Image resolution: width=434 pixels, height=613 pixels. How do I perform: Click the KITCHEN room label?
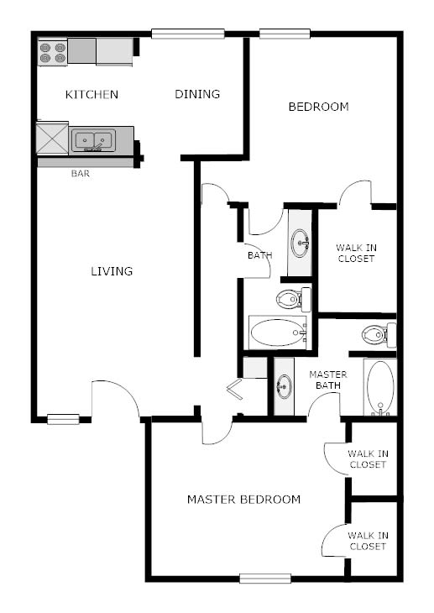(x=92, y=94)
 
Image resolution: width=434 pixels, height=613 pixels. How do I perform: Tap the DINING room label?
(x=197, y=94)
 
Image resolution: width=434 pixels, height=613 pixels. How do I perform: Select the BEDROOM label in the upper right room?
(x=318, y=107)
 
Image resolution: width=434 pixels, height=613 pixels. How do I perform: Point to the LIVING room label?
(x=112, y=271)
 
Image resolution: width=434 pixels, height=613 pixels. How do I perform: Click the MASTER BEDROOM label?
(x=243, y=500)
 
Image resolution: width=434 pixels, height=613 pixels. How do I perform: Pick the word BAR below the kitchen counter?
(x=81, y=175)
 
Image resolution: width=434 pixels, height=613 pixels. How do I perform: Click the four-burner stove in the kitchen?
(x=52, y=52)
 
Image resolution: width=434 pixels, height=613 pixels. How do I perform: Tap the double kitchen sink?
(x=92, y=140)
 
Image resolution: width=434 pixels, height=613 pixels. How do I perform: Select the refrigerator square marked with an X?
(x=51, y=139)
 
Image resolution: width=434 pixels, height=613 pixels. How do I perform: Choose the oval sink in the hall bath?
(x=300, y=244)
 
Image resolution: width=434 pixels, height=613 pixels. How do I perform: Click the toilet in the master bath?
(x=378, y=335)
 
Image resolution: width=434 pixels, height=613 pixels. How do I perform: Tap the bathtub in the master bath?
(x=379, y=387)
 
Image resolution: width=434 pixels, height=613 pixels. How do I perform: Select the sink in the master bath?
(x=285, y=386)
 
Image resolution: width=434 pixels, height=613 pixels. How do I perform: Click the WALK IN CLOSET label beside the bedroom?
(x=355, y=253)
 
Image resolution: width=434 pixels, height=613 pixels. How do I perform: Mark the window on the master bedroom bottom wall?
(x=264, y=578)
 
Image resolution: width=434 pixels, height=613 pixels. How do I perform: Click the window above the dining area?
(x=188, y=34)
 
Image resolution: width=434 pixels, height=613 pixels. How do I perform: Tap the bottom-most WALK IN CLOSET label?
(x=368, y=540)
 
